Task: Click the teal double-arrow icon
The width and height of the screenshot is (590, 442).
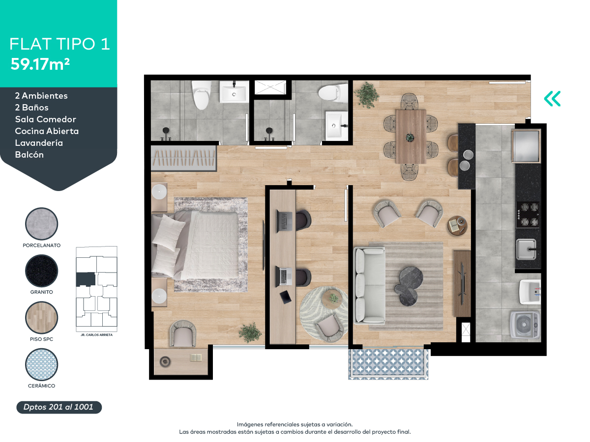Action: point(552,99)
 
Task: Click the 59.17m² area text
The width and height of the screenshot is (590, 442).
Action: point(40,64)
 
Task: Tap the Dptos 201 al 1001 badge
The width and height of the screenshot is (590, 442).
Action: point(59,407)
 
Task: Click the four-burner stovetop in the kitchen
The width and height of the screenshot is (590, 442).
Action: point(528,215)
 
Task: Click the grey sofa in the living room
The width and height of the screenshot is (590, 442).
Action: point(369,285)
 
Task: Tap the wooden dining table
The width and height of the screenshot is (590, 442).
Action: point(411,136)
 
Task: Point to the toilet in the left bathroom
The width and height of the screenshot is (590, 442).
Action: point(200,95)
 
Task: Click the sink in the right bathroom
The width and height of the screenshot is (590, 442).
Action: point(336,124)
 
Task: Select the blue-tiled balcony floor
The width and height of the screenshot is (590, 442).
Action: point(388,364)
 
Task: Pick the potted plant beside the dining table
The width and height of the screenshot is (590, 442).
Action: point(367,94)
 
